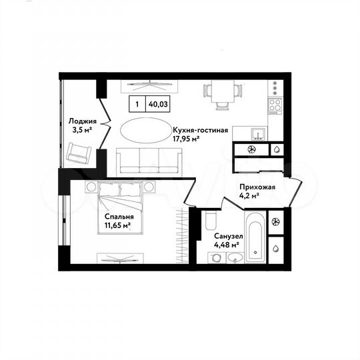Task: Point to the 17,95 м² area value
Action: (191, 140)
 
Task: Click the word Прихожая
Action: (257, 188)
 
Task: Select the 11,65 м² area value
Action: (117, 227)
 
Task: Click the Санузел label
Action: (227, 235)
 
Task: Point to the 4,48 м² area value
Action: (225, 245)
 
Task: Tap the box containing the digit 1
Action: (137, 104)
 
